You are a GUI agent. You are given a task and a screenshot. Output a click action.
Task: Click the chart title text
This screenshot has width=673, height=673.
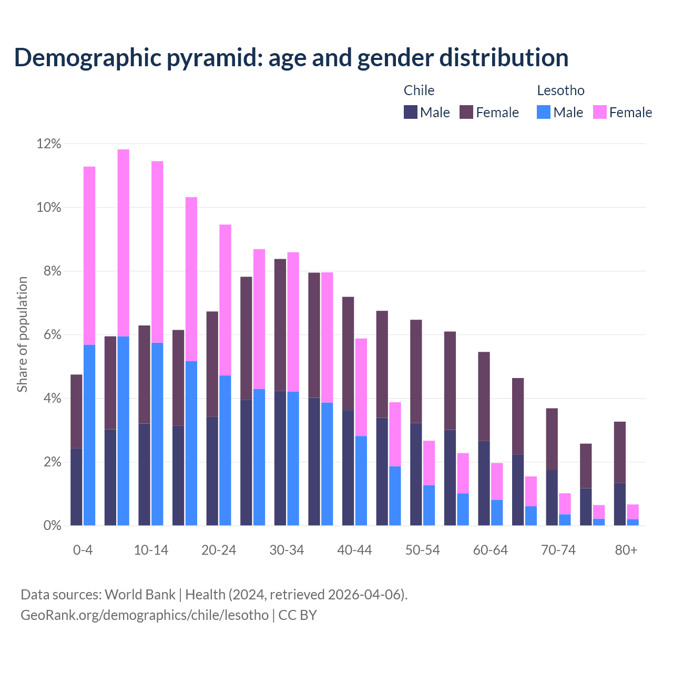coord(291,58)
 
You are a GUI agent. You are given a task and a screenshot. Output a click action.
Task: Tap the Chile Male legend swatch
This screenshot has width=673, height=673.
coord(411,112)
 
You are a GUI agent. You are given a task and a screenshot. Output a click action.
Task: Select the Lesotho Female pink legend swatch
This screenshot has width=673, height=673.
coord(599,112)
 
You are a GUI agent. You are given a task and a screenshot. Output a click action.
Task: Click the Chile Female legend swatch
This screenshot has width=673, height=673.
coord(466,112)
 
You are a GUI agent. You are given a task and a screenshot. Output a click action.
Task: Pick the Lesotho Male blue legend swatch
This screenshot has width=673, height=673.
coord(544,112)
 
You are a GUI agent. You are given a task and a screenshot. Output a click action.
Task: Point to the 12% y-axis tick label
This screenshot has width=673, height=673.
coord(49,144)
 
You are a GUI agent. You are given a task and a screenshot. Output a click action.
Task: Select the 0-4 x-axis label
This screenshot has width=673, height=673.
coord(83,550)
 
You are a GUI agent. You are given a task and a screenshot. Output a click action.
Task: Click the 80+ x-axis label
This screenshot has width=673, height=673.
coord(626,550)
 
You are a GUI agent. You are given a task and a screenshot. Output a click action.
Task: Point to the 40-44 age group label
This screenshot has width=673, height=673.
coord(354,550)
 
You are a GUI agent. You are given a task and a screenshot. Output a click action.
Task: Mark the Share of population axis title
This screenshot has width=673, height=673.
coord(22,334)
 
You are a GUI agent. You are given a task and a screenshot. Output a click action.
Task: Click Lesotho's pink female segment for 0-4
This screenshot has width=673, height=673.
coord(89,256)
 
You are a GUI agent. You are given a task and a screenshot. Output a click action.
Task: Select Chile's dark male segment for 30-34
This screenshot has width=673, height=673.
coord(280,458)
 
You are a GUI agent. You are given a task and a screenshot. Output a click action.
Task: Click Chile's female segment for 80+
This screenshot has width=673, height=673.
coord(620,452)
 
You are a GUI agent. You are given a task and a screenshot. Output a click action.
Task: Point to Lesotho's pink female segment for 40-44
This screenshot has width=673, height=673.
coord(361,387)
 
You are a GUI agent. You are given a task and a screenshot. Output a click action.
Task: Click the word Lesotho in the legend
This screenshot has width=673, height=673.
coord(560,90)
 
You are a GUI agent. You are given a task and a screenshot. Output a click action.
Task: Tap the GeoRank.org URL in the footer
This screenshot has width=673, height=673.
coord(145,615)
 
